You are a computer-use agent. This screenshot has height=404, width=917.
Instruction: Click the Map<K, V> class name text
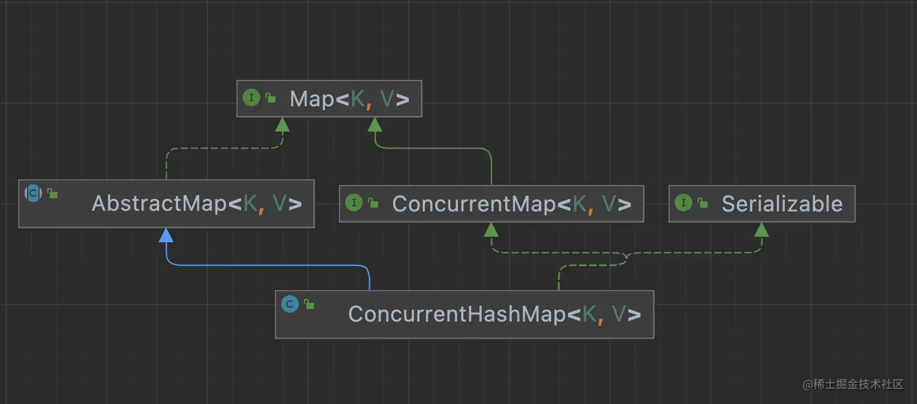(349, 99)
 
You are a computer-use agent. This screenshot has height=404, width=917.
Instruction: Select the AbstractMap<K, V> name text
(196, 203)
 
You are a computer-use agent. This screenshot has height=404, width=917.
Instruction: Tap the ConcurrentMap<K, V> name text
(511, 203)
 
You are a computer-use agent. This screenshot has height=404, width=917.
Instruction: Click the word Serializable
(782, 203)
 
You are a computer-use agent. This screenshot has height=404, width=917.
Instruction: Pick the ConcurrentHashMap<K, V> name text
(494, 313)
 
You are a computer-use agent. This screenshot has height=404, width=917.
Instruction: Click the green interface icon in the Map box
(251, 98)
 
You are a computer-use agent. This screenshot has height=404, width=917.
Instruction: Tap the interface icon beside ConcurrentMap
(353, 203)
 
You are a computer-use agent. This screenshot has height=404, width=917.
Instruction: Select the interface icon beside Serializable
(683, 203)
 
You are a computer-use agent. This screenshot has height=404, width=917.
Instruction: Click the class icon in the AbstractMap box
(33, 193)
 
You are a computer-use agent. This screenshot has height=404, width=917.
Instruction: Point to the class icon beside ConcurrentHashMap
(289, 305)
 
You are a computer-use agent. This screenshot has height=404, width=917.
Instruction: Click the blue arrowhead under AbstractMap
(166, 235)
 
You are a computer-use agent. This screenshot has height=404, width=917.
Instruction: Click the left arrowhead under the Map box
(282, 125)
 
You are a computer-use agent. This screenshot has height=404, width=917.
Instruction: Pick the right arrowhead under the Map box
(375, 125)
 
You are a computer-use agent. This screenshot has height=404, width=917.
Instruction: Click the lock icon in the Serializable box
(703, 203)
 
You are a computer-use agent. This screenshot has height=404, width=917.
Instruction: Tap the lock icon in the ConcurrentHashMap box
(309, 305)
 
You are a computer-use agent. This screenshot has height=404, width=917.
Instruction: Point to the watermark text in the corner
(853, 384)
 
